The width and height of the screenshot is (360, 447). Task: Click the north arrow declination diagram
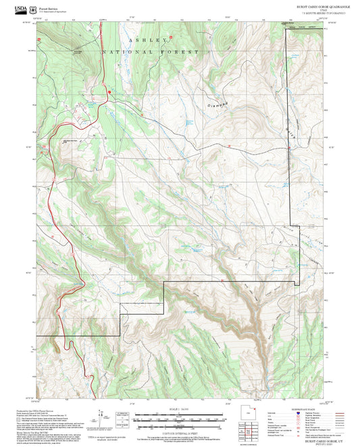[x=102, y=418]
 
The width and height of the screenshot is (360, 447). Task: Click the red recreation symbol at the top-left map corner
[x=39, y=39]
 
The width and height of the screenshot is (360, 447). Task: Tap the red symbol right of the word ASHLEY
[x=171, y=36]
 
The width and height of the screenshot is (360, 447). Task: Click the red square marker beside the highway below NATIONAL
[x=109, y=92]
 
